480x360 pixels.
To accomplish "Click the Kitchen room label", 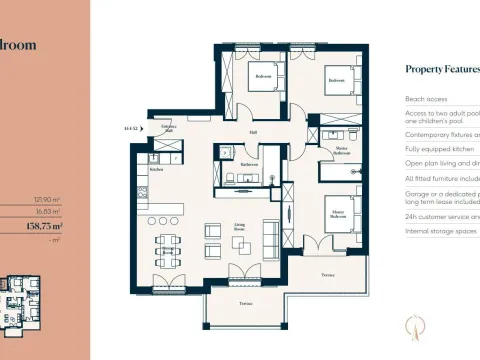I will coord(156,170).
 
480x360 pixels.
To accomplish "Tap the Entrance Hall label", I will coord(168,128).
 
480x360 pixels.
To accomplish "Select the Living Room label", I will coord(240,228).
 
